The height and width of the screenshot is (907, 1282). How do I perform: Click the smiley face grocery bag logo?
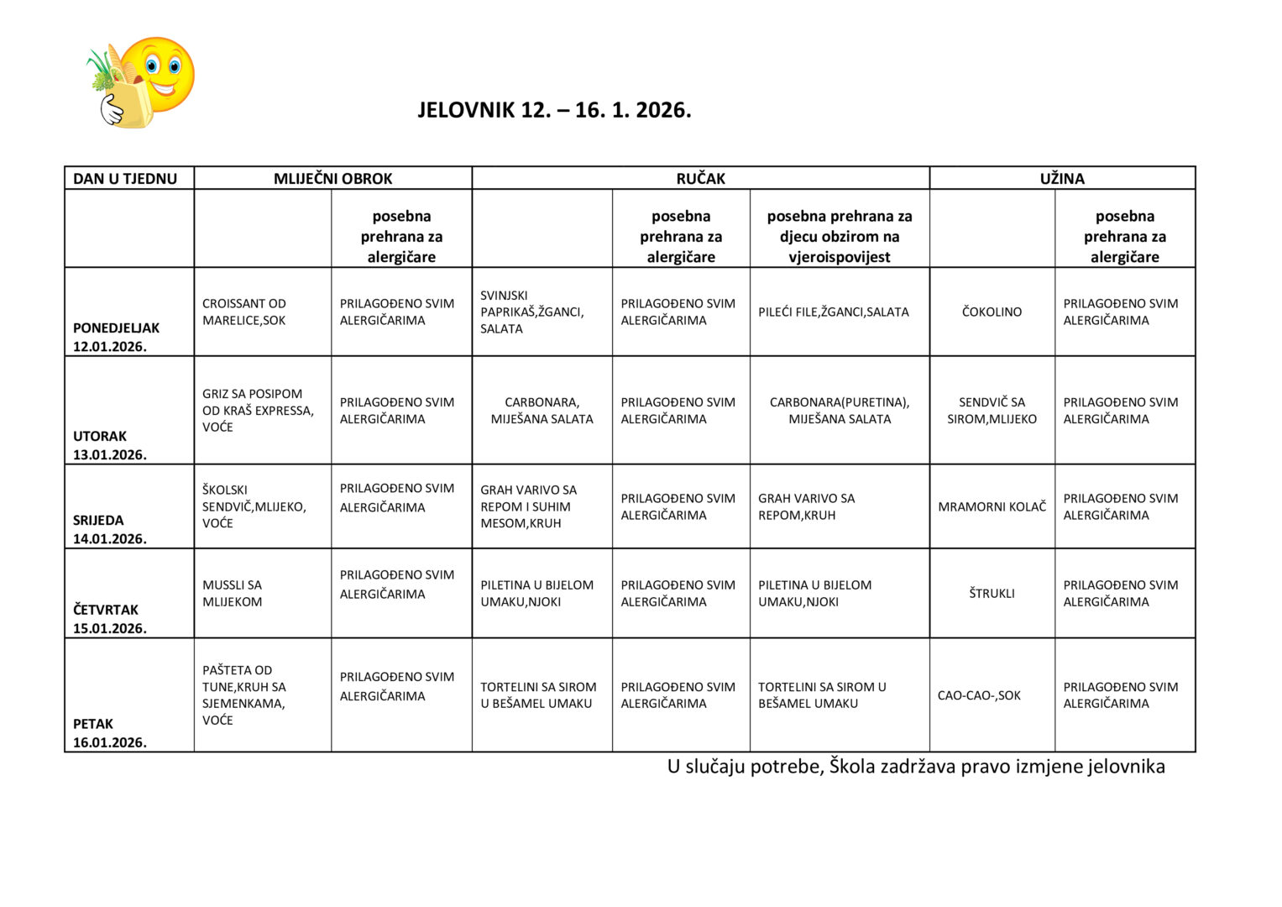click(x=140, y=82)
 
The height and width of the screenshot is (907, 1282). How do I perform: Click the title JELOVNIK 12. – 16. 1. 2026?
click(x=554, y=111)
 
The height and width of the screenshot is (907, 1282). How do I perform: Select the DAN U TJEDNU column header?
click(x=125, y=178)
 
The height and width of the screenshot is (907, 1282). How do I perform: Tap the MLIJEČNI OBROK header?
click(x=332, y=178)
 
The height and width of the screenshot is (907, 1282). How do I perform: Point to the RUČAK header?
click(x=700, y=178)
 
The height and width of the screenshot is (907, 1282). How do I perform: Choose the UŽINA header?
click(x=1062, y=178)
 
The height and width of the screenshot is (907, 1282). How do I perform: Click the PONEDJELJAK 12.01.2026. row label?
click(x=116, y=337)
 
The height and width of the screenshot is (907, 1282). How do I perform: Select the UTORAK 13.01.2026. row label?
click(x=109, y=445)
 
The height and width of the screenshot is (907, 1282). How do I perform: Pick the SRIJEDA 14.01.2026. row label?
click(x=109, y=529)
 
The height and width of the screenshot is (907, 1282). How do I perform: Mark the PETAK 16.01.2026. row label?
click(x=109, y=732)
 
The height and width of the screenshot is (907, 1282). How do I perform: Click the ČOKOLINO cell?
click(x=992, y=312)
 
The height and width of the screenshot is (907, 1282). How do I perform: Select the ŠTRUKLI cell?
click(x=992, y=593)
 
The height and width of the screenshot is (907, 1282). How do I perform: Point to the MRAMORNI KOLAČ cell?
click(x=992, y=506)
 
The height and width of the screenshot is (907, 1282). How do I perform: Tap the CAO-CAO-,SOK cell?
click(x=979, y=695)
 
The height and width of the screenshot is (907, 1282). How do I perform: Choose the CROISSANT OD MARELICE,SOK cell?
click(x=244, y=312)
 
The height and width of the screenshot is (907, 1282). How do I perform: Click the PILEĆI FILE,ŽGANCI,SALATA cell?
click(x=833, y=312)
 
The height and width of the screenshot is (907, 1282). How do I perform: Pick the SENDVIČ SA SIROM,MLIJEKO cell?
click(x=992, y=411)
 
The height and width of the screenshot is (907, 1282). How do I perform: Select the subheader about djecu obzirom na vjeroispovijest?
click(x=839, y=237)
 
